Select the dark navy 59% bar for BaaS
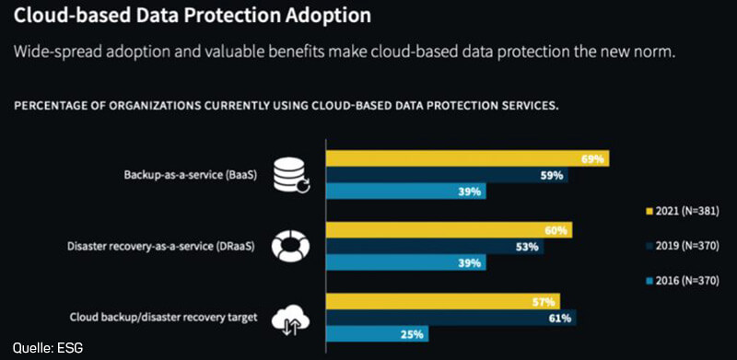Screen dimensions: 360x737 (447, 175)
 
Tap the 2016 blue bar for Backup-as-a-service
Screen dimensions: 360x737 (406, 192)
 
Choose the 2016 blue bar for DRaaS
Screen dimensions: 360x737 (406, 263)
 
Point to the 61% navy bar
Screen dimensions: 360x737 (451, 319)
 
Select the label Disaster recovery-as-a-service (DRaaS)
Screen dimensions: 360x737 (169, 246)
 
